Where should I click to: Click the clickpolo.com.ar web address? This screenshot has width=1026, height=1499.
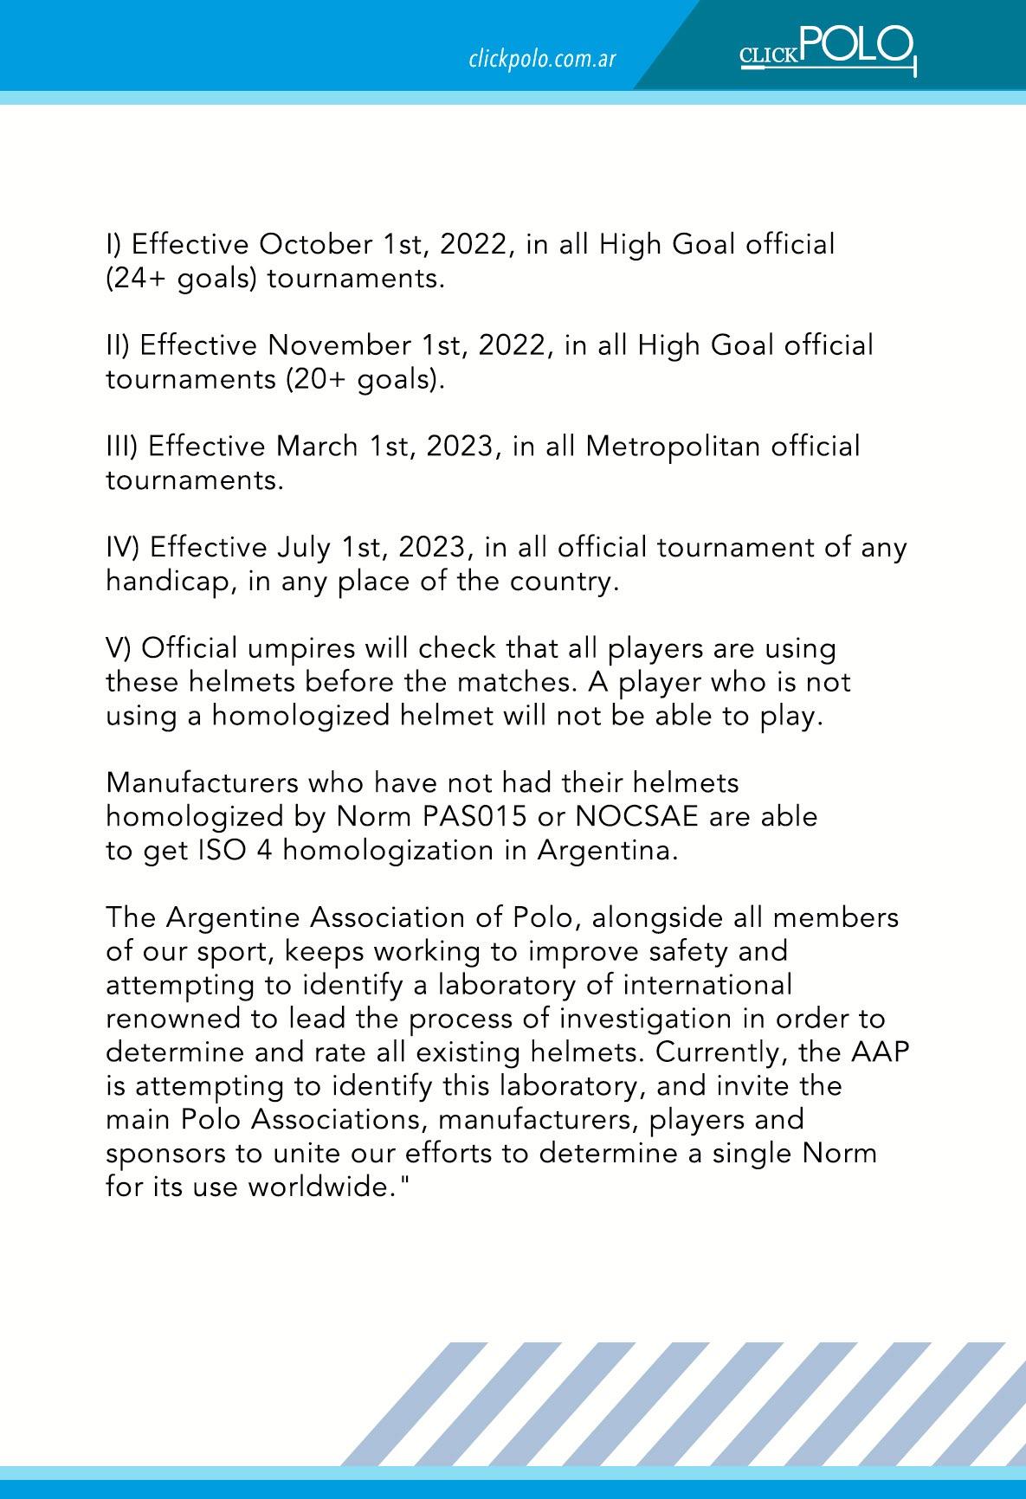click(x=542, y=60)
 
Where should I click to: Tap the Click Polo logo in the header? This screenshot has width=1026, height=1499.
click(x=828, y=49)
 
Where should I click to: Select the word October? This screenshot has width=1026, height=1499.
click(x=316, y=245)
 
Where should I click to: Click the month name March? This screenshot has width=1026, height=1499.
click(x=316, y=447)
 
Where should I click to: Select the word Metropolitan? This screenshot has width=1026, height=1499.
click(x=673, y=447)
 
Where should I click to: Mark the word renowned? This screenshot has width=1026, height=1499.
click(x=172, y=1019)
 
